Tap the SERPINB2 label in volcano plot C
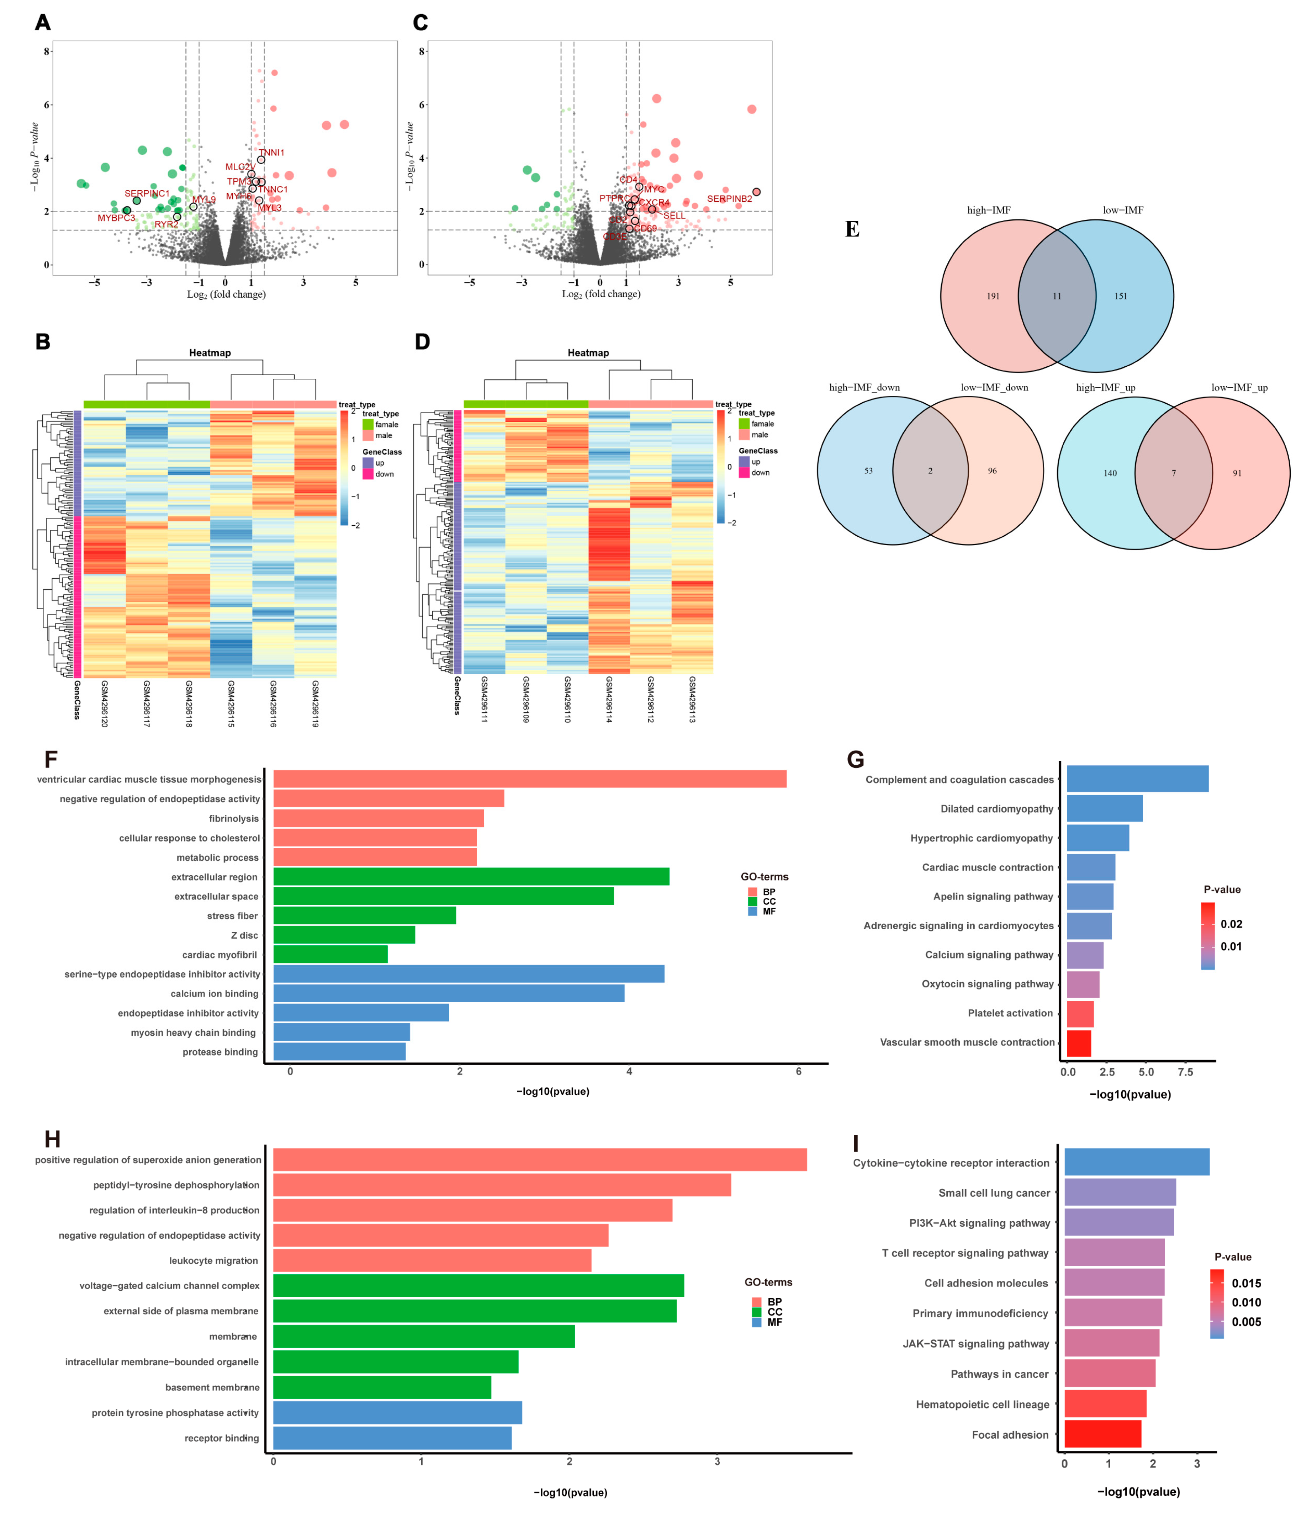click(x=729, y=199)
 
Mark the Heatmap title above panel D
click(x=588, y=352)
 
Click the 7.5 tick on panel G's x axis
click(x=1185, y=1072)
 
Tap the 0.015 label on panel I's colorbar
click(x=1246, y=1283)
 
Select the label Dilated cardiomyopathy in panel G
click(x=997, y=809)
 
